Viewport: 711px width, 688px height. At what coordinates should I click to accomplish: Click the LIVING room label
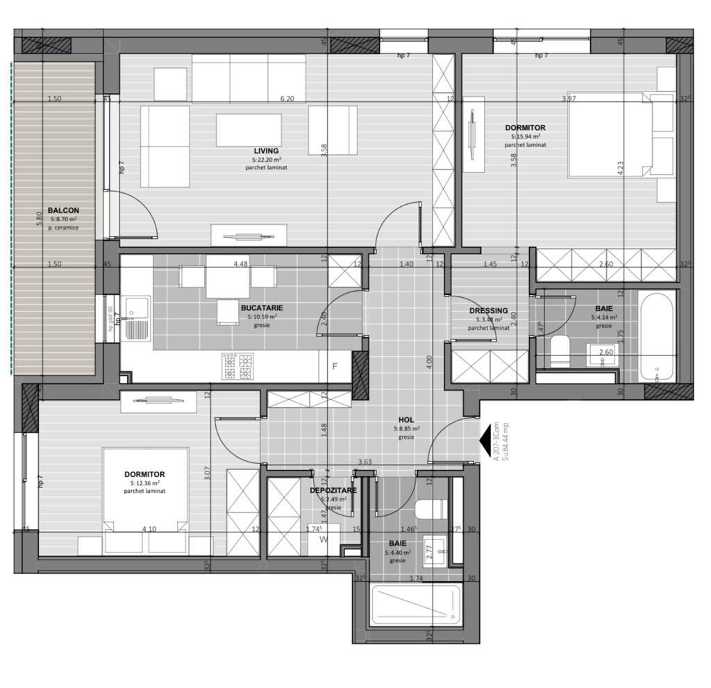pos(266,151)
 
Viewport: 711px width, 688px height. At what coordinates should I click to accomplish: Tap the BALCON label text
pos(63,210)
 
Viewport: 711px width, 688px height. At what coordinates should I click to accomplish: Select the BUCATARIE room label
pos(262,308)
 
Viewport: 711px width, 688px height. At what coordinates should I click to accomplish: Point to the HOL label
pos(406,420)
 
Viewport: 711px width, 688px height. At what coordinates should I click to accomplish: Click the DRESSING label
pos(488,310)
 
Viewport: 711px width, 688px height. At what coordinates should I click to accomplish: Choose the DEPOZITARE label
pos(333,490)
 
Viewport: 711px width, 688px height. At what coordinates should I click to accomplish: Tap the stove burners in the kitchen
pos(237,366)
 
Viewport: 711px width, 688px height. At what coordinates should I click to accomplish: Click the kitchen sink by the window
pos(136,319)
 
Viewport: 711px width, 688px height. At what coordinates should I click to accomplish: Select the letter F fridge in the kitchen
pos(335,367)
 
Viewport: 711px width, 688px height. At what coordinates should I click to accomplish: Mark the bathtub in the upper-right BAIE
pos(656,337)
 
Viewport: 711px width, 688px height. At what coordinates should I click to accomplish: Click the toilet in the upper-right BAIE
pos(559,351)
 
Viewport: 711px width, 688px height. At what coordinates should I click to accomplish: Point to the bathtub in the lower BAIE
pos(415,605)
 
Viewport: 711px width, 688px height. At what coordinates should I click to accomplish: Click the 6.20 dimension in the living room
pos(287,99)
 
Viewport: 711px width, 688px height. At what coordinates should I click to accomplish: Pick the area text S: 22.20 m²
pos(266,160)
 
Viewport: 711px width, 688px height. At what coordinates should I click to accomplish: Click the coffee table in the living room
pos(249,130)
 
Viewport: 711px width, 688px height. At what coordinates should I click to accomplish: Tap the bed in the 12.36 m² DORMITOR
pos(146,500)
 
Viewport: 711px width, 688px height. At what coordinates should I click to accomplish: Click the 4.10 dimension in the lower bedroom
pos(149,529)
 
